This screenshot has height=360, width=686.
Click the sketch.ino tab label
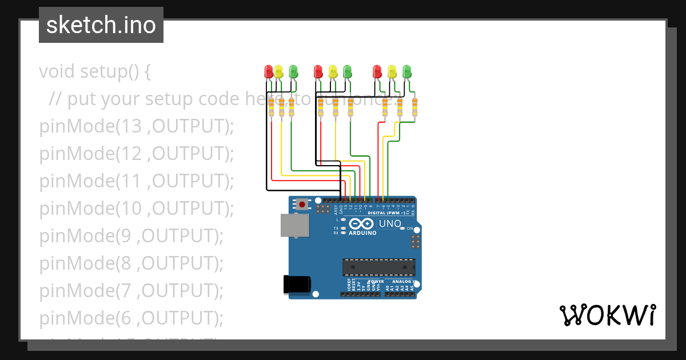pos(101,25)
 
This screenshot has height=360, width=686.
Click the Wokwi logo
pos(607,315)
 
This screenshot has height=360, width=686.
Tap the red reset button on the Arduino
pos(301,203)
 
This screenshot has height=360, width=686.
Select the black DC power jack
pos(297,285)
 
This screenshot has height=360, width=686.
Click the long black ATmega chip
pos(378,267)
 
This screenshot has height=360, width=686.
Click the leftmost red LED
pos(269,71)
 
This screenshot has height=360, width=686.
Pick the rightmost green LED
pos(407,71)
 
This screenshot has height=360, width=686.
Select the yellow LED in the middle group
pos(333,71)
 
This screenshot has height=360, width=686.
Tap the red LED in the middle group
pos(318,71)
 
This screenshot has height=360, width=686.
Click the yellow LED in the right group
pos(392,71)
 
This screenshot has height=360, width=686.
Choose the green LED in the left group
pos(293,71)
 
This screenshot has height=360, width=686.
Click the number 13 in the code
pos(129,126)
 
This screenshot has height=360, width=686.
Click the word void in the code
pos(57,72)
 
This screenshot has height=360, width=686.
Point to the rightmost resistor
pos(414,107)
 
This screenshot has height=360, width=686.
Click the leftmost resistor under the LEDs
pos(271,107)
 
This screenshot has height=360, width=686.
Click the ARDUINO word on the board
pos(362,233)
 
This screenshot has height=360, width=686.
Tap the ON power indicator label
pos(410,228)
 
